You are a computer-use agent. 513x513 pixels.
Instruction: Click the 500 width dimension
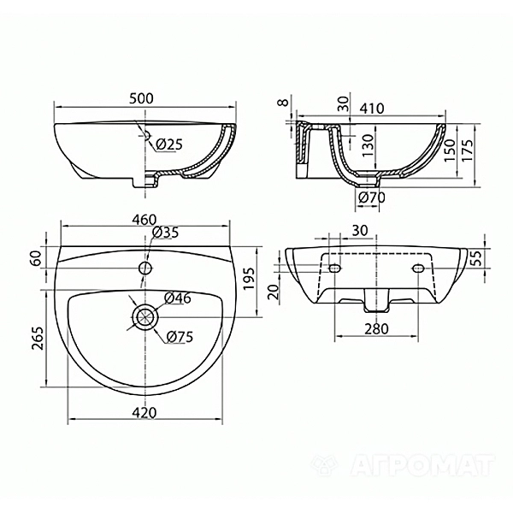[143, 97]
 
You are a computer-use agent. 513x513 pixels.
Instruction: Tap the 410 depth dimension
[370, 108]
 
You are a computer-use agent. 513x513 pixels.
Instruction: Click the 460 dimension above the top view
[143, 219]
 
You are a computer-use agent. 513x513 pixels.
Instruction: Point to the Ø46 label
[177, 298]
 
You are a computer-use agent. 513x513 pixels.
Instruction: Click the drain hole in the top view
[144, 317]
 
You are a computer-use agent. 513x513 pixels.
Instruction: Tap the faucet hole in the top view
[144, 268]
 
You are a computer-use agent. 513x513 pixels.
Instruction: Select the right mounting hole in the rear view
[418, 269]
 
